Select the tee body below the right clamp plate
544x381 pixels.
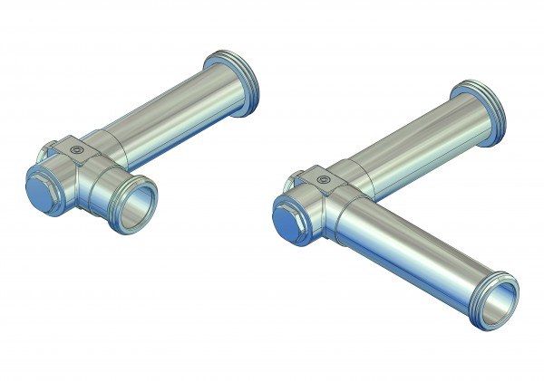(x=331, y=217)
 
